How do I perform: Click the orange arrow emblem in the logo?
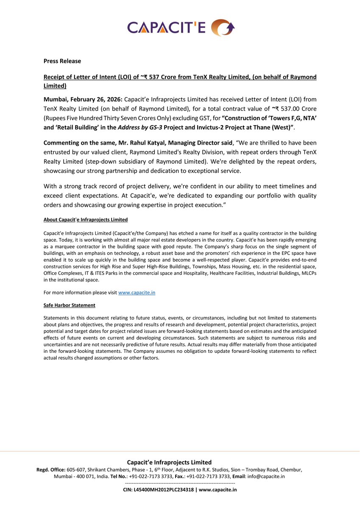click(x=222, y=28)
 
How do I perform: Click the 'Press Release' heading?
click(x=62, y=61)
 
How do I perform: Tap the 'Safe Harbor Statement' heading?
click(x=69, y=305)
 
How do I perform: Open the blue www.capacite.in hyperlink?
click(x=137, y=293)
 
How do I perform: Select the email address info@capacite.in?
click(x=266, y=476)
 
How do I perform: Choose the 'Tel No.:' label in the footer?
click(x=119, y=476)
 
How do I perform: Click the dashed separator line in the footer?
click(x=180, y=483)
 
